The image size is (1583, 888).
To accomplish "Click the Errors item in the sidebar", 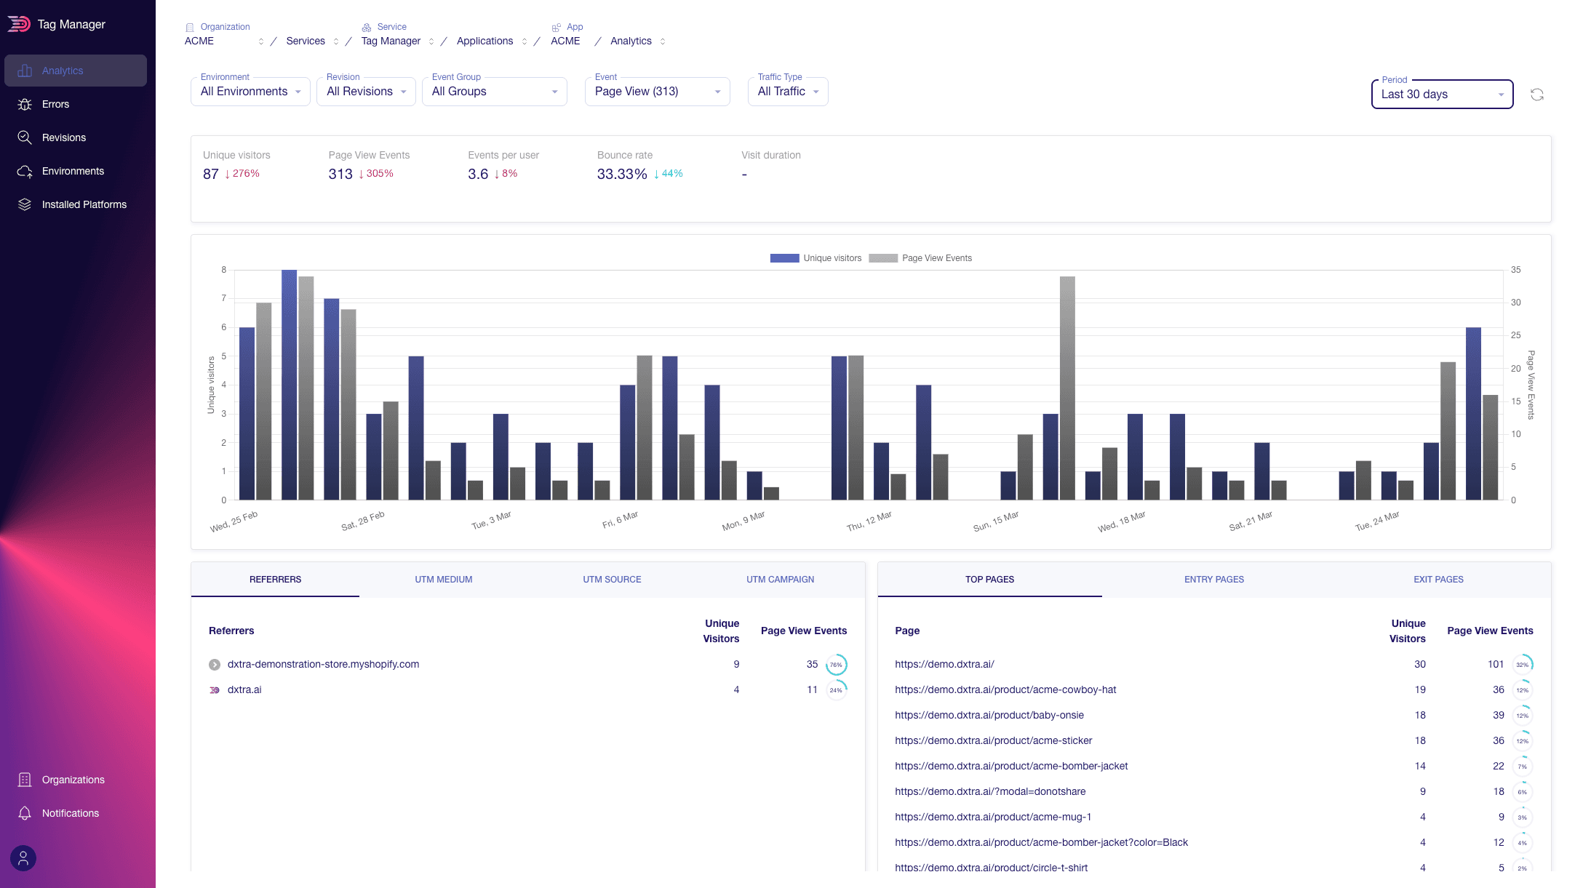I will pos(55,104).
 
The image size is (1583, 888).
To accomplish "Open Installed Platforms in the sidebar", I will pos(84,204).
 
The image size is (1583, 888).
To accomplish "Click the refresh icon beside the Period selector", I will pos(1536,95).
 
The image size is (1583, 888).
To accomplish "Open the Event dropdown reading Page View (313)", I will pos(656,92).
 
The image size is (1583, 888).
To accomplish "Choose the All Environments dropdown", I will pos(250,92).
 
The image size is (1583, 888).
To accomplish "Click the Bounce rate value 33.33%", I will pos(621,174).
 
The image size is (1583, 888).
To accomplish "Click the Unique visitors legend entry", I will pos(816,258).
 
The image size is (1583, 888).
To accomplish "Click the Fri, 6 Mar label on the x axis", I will pos(620,519).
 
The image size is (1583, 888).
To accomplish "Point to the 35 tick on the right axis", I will pos(1515,270).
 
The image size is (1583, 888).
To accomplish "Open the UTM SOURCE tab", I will pos(612,580).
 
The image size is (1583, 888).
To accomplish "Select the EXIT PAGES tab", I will pos(1438,580).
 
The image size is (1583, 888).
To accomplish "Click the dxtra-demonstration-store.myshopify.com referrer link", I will pos(323,664).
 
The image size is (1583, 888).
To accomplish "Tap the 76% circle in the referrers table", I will pos(836,665).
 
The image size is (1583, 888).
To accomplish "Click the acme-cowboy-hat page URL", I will pos(1005,689).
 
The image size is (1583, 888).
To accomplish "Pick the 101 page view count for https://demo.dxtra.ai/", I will pos(1495,664).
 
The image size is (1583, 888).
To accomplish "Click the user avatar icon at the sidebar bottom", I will pos(23,858).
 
